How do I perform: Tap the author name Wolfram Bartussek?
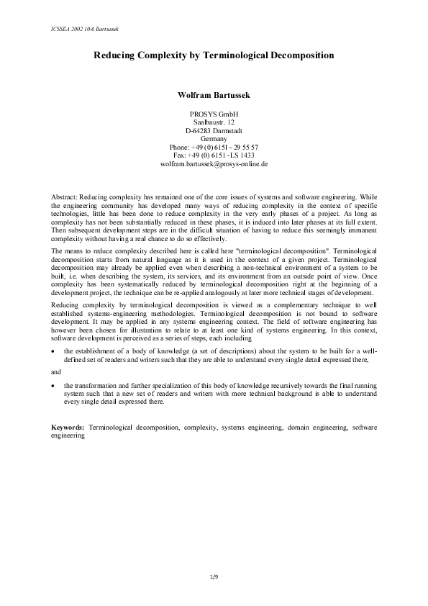pos(214,94)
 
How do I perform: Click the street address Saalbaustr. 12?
pos(214,122)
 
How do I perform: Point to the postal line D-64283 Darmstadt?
pos(214,130)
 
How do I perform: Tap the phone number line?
pos(214,147)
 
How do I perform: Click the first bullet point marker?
pos(55,351)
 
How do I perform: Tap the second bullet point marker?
pos(55,386)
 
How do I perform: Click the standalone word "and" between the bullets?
pos(57,372)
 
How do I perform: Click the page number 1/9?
pos(214,577)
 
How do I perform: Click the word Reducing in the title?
pos(115,55)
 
